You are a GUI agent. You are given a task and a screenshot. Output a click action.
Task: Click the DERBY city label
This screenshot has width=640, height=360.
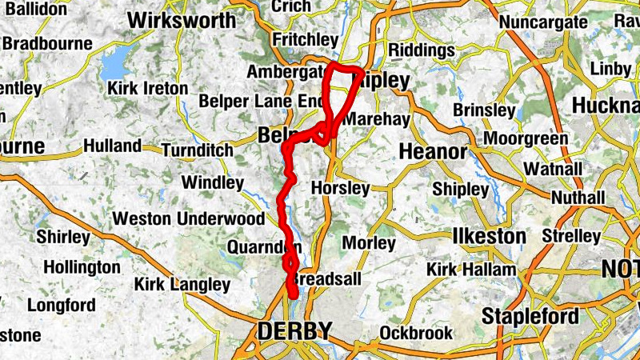pyautogui.click(x=294, y=330)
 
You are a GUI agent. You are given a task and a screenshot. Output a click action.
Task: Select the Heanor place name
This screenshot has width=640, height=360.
pyautogui.click(x=433, y=151)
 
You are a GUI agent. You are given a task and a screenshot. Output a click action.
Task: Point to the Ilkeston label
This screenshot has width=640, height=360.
pyautogui.click(x=489, y=237)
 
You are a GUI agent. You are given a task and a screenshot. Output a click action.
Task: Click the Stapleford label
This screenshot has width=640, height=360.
pyautogui.click(x=530, y=316)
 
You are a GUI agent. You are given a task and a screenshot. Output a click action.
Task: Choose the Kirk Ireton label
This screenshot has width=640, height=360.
pyautogui.click(x=145, y=87)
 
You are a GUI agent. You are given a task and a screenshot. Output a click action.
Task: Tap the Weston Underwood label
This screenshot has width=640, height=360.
pyautogui.click(x=188, y=218)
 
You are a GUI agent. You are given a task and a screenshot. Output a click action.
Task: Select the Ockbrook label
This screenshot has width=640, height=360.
pyautogui.click(x=411, y=331)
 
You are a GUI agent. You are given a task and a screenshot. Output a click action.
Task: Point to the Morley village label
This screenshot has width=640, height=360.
pyautogui.click(x=369, y=242)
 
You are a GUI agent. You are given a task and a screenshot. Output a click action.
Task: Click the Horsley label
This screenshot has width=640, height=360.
pyautogui.click(x=340, y=189)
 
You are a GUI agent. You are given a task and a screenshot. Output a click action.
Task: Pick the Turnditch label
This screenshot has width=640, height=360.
pyautogui.click(x=197, y=150)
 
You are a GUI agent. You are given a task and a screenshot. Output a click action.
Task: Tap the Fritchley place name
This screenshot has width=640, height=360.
pyautogui.click(x=304, y=39)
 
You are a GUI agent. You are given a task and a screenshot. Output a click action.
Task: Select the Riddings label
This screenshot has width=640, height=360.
pyautogui.click(x=421, y=50)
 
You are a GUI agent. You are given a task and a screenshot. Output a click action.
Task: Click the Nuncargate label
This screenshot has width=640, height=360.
pyautogui.click(x=542, y=22)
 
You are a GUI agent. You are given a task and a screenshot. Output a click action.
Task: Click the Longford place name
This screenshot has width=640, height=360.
pyautogui.click(x=62, y=305)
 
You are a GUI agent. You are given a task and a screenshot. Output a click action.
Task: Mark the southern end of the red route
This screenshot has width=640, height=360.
pyautogui.click(x=293, y=295)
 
